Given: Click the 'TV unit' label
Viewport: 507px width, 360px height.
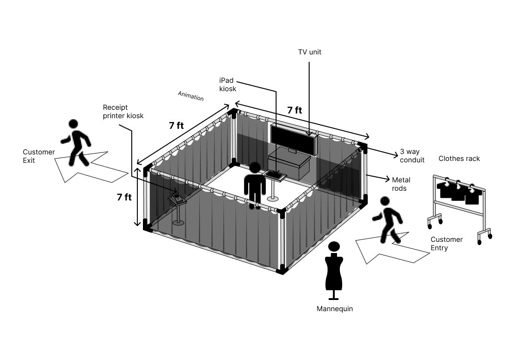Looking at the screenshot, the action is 310,52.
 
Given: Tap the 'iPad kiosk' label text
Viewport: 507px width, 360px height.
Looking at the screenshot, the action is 228,85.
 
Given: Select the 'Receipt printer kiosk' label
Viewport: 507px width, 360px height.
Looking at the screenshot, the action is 123,112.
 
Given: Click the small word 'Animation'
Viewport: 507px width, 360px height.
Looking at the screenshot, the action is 190,96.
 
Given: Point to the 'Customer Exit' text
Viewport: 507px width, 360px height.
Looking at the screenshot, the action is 39,156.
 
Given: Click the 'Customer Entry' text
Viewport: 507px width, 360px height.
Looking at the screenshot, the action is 446,244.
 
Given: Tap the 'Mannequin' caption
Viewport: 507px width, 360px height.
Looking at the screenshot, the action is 334,308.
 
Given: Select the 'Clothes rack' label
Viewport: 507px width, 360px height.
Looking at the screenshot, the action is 459,159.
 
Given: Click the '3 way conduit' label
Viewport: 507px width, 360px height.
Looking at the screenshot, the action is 412,156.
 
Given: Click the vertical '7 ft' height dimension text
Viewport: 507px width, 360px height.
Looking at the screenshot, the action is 124,197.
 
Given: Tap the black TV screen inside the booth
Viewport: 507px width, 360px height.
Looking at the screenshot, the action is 293,137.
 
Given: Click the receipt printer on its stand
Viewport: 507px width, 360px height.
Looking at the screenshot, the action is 177,197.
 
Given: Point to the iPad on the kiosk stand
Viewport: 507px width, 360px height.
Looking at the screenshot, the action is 275,175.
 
